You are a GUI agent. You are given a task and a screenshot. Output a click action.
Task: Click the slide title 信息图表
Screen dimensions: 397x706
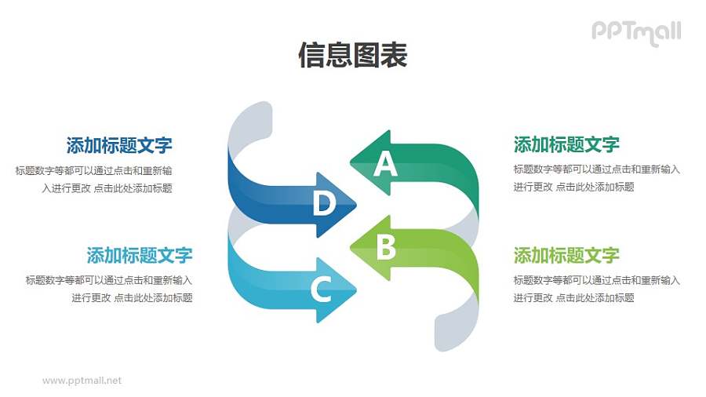[353, 56]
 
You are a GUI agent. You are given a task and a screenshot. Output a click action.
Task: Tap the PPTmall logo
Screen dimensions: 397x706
[635, 31]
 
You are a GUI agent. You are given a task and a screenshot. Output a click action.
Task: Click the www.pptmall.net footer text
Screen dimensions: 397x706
[82, 381]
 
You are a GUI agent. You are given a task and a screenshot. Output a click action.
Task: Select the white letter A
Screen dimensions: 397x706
[385, 165]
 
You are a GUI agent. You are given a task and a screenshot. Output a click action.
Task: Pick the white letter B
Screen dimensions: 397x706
[385, 248]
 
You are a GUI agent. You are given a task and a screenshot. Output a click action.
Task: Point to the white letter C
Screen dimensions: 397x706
[321, 290]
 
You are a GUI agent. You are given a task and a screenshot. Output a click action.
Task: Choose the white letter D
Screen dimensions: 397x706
[323, 204]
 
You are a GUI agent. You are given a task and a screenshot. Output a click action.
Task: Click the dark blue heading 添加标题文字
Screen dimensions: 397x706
[119, 145]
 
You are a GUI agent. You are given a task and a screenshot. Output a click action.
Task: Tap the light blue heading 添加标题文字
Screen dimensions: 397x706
[140, 255]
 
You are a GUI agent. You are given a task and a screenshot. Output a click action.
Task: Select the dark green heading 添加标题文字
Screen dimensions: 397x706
[566, 144]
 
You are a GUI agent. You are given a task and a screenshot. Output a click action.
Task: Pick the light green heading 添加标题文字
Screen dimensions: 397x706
[566, 255]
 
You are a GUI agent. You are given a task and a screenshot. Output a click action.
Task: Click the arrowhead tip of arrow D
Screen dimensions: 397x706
[355, 205]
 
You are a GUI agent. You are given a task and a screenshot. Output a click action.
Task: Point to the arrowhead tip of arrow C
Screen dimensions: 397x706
[355, 290]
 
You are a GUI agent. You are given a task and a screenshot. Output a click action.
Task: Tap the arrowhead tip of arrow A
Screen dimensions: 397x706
[351, 163]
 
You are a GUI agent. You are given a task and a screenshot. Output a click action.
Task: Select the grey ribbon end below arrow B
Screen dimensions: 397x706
[457, 330]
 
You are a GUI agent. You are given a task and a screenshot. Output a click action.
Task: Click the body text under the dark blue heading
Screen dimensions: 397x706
[94, 179]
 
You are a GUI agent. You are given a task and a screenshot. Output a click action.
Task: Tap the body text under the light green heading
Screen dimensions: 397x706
[596, 289]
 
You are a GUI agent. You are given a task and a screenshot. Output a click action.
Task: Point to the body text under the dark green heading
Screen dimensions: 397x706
[596, 178]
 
